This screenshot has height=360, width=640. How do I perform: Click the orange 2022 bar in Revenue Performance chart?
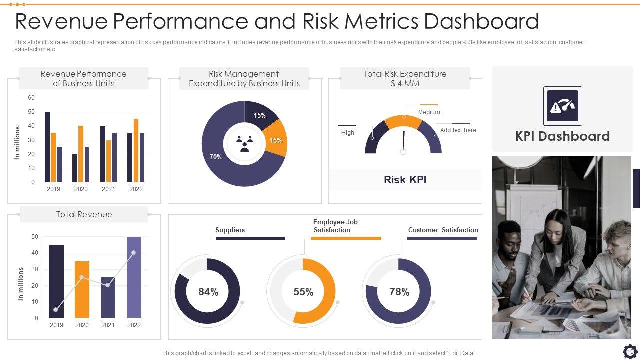coord(136,150)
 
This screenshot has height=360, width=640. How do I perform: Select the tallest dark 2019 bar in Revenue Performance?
coord(47,147)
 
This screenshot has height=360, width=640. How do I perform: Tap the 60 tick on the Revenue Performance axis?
coord(31,98)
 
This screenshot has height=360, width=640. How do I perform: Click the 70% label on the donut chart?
coord(216,157)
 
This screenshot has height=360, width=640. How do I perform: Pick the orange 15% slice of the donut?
coord(275,140)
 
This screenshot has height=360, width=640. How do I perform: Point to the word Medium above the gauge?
coord(429,112)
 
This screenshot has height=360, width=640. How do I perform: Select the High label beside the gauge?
coord(348,133)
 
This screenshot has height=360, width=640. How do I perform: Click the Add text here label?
coord(458,130)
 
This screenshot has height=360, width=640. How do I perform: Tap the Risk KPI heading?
coord(405,180)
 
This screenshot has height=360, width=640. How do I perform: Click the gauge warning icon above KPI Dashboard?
coord(562,106)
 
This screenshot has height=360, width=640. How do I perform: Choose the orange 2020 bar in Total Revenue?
coord(82,289)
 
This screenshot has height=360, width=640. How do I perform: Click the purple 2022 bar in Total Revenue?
coord(134,277)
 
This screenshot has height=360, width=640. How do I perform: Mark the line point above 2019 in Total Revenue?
coord(55,310)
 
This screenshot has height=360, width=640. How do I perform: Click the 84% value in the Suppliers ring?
coord(208,292)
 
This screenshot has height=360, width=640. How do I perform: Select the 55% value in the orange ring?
coord(303,292)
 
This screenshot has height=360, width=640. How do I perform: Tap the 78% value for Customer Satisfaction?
coord(399,292)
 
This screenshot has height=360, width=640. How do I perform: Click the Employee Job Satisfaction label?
coord(335,226)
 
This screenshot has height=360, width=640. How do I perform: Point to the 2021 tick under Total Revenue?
coord(108,325)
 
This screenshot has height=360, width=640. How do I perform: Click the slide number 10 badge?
coord(630,352)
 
